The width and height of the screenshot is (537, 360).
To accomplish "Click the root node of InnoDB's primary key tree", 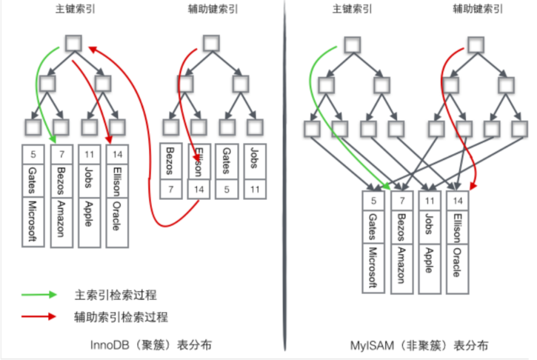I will [x=73, y=44].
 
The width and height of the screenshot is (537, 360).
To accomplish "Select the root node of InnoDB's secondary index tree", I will [x=211, y=44].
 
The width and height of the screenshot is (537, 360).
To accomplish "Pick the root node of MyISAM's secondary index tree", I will [x=476, y=45].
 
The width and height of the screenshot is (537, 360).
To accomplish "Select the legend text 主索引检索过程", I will [x=115, y=295].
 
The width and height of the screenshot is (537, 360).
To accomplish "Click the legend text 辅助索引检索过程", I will [x=121, y=316].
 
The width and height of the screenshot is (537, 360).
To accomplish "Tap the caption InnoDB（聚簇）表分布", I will [x=152, y=345].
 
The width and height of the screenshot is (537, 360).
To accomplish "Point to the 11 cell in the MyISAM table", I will [x=429, y=200].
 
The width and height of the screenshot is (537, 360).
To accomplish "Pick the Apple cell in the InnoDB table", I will [x=89, y=213].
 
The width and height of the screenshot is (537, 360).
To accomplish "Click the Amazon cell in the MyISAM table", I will [x=402, y=265].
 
